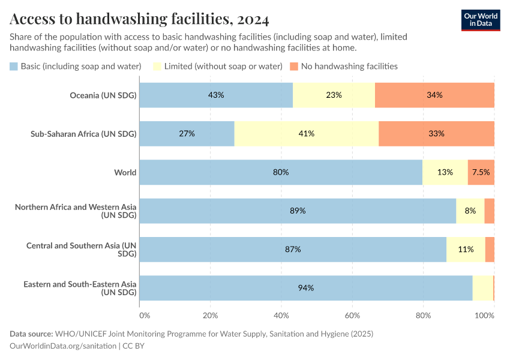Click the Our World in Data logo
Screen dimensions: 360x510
(x=480, y=20)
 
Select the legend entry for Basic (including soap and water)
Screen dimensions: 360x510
(x=76, y=66)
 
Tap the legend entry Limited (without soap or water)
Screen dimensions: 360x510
(x=218, y=66)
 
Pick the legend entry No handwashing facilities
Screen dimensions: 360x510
(x=343, y=66)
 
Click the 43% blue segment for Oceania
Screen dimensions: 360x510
(x=216, y=95)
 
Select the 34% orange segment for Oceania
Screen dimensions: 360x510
(x=434, y=95)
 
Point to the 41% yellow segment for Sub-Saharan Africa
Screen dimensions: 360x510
(x=307, y=133)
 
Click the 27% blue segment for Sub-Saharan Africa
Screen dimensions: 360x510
(x=187, y=133)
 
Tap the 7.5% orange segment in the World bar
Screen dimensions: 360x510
(x=481, y=172)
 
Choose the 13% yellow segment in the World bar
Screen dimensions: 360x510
(x=445, y=172)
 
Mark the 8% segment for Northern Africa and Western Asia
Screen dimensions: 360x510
(x=470, y=211)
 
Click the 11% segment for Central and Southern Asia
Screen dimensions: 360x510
(x=466, y=249)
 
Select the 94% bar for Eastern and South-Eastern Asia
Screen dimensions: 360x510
(x=306, y=288)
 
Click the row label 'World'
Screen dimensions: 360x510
(x=125, y=172)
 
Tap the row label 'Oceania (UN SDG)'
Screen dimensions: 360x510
(x=103, y=95)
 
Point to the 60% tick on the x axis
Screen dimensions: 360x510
(x=352, y=315)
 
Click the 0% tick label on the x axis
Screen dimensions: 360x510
(x=144, y=315)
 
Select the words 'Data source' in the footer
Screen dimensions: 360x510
(x=31, y=334)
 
